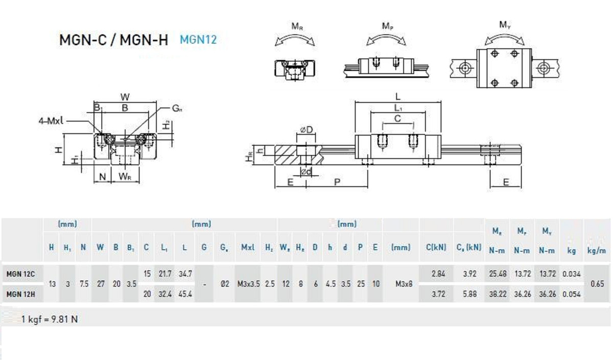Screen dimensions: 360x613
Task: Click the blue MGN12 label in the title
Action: click(198, 39)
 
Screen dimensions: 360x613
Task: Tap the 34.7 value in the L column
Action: click(184, 274)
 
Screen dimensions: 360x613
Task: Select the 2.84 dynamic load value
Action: click(438, 274)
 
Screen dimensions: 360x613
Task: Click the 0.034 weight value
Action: click(572, 274)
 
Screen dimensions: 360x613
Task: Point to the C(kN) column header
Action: click(437, 247)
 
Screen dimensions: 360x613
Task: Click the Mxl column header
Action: click(248, 247)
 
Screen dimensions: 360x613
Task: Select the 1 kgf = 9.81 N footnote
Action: click(50, 319)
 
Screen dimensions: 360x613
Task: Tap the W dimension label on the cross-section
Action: click(124, 96)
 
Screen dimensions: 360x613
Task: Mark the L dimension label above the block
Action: click(398, 96)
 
